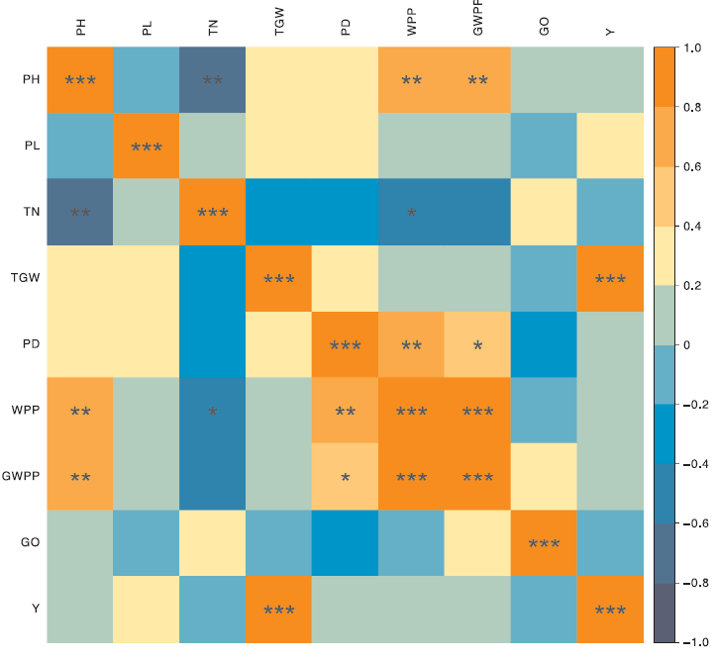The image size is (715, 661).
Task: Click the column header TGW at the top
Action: [279, 27]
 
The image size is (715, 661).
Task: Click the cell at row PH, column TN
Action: [213, 80]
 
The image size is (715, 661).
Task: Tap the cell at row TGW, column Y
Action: [610, 278]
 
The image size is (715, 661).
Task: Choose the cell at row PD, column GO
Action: [544, 344]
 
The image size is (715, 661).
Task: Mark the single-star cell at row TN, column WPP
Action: [411, 212]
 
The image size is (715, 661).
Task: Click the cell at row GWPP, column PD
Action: [345, 476]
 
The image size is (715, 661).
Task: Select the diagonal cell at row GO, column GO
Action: [544, 542]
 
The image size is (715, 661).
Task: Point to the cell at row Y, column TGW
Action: [279, 609]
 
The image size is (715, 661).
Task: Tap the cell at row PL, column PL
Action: [147, 146]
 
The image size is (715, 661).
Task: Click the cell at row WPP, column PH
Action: [80, 411]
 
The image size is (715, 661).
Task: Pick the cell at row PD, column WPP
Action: [411, 344]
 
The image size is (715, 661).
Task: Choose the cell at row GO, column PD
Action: [345, 542]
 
